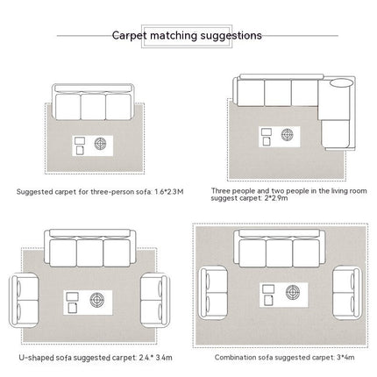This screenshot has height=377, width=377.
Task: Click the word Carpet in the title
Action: (129, 36)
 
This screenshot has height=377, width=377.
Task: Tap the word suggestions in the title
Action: (231, 36)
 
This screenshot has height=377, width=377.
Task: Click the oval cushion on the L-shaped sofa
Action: (341, 82)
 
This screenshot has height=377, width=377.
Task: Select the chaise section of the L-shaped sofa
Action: (335, 133)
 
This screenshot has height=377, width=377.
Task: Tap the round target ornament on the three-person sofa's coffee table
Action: (100, 144)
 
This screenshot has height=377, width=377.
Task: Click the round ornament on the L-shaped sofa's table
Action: (288, 135)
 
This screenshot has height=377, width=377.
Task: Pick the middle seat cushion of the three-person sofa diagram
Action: (93, 107)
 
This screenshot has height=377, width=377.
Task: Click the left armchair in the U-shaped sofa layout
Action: (25, 300)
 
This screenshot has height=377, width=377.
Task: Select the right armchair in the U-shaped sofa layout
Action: (154, 300)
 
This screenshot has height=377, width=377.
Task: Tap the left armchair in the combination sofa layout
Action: (213, 293)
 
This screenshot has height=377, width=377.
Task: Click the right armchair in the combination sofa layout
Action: (347, 293)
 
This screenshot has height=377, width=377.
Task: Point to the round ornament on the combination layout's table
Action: (293, 292)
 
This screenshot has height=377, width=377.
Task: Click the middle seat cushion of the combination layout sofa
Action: (279, 253)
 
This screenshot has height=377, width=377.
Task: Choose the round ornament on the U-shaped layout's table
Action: (97, 300)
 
